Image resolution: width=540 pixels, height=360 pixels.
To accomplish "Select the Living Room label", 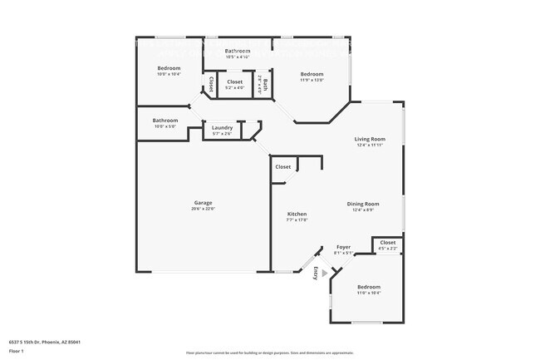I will tap(371, 139).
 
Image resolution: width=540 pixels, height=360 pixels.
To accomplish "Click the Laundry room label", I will tap(222, 127).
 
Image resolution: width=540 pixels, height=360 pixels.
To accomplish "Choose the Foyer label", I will tap(343, 247).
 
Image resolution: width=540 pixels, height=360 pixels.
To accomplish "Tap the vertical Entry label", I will tap(316, 272).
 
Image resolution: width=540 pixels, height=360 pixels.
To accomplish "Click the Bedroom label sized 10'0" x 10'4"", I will tap(169, 68).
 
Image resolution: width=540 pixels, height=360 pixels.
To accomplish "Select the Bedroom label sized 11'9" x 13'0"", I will tap(312, 74).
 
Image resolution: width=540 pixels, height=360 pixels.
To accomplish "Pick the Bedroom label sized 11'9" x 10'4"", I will tap(369, 286).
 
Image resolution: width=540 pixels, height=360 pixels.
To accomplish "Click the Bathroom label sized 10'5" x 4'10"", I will tap(238, 52).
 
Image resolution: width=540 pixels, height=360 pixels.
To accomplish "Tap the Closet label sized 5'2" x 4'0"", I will tap(234, 81).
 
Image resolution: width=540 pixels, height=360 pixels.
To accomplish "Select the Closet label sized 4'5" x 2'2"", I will tap(387, 242).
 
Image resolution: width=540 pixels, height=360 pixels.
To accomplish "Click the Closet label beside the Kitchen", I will tap(283, 166).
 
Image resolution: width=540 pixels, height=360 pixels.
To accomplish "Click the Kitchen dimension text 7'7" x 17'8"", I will tap(297, 219).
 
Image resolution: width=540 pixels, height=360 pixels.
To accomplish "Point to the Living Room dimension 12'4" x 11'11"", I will tap(371, 145).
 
